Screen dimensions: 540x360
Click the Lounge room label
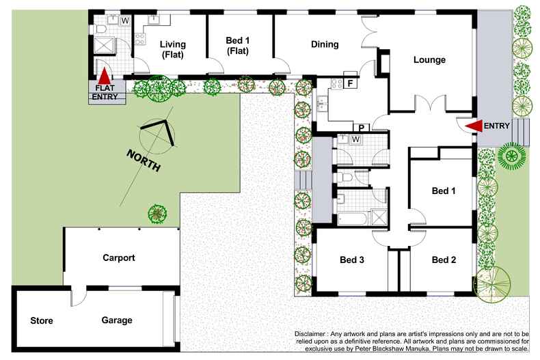[x=429, y=60]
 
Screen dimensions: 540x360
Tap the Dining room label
[x=325, y=44]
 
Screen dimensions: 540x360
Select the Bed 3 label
[x=352, y=260]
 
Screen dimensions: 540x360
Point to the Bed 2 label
[x=444, y=260]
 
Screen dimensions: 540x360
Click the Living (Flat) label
[x=172, y=50]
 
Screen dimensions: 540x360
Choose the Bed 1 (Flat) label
[x=238, y=46]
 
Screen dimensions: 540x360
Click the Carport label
[x=119, y=258]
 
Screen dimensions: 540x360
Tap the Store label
[x=42, y=321]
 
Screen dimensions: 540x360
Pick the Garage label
[x=117, y=320]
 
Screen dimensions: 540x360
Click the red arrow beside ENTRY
[x=474, y=126]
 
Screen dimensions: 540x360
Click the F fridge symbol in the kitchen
[x=350, y=83]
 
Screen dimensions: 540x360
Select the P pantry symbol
[x=362, y=128]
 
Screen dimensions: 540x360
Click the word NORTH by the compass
[x=144, y=161]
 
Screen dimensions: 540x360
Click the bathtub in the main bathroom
[x=353, y=219]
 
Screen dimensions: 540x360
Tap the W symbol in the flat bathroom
[x=125, y=20]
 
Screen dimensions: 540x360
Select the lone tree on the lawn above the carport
[x=157, y=213]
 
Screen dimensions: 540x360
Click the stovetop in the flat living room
[x=140, y=38]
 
